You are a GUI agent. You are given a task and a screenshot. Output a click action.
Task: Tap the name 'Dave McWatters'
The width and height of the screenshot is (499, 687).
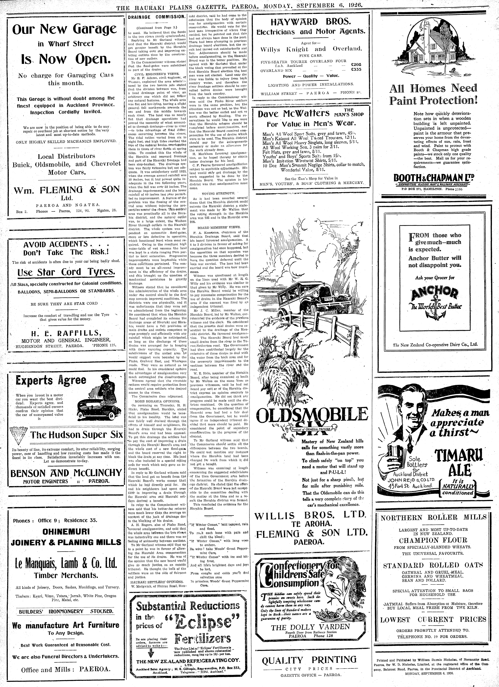[x=294, y=113]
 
